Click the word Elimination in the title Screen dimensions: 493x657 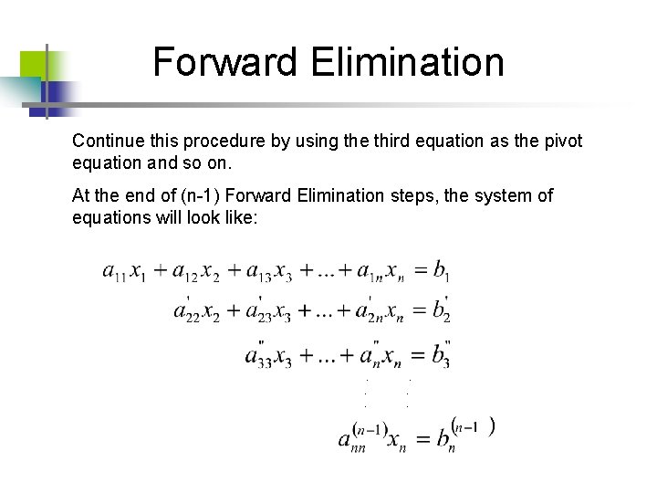[406, 62]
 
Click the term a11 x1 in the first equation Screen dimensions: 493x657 [124, 271]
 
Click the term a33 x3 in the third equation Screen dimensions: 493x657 [267, 354]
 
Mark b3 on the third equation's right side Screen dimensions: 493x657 [441, 352]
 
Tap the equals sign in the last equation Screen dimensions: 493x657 [421, 439]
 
